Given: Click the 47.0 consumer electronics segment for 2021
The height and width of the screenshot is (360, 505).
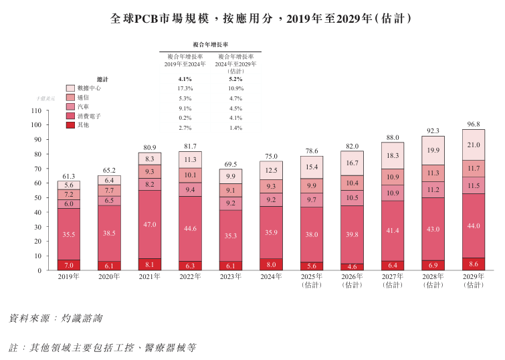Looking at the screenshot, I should [x=150, y=225].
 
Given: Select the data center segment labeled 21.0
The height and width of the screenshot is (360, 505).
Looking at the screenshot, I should [x=474, y=145].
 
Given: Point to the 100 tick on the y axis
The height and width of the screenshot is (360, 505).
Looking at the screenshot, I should [x=37, y=125].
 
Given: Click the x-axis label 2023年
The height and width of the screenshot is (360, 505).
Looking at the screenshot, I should [x=231, y=276].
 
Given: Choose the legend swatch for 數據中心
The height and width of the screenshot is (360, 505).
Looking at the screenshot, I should [x=70, y=88].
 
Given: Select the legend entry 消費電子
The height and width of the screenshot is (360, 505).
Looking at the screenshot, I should [x=89, y=116].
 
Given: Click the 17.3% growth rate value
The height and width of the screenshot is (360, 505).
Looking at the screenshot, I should [x=185, y=88].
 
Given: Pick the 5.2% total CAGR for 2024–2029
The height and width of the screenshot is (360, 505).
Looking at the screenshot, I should [x=235, y=79].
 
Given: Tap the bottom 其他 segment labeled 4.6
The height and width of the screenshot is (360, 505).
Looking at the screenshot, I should [x=352, y=266].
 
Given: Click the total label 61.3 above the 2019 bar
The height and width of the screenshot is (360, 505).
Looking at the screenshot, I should [x=68, y=176].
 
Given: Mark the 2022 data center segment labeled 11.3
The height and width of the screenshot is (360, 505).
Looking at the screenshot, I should [x=190, y=159].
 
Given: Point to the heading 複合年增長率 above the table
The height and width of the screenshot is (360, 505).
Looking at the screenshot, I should [x=210, y=44].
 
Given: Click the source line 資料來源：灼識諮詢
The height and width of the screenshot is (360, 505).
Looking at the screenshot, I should [x=56, y=319].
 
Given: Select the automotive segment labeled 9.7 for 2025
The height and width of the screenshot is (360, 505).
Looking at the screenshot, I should [x=312, y=200].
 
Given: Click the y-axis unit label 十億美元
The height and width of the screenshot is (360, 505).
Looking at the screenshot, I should [x=46, y=98].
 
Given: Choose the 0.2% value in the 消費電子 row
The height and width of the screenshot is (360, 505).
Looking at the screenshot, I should [x=185, y=117].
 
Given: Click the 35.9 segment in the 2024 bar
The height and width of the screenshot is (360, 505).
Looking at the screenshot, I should [x=271, y=233].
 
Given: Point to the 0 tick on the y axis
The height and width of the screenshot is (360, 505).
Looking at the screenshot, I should [x=41, y=270].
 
